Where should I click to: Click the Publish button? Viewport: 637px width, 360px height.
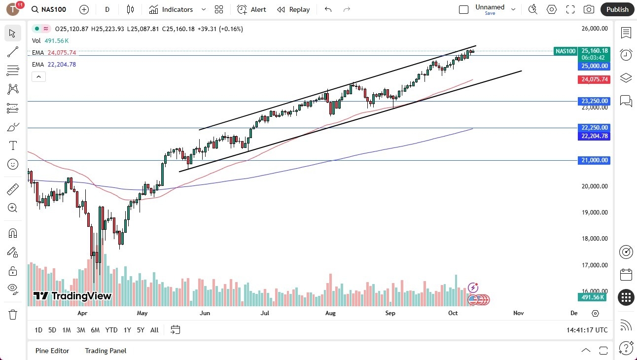click(617, 9)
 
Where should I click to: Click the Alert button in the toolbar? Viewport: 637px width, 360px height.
click(251, 9)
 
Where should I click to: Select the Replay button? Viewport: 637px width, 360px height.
click(293, 9)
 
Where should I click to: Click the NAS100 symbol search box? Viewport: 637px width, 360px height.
click(49, 9)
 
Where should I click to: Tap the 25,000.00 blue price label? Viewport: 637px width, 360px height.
click(595, 66)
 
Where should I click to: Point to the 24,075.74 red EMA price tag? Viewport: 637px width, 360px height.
click(595, 79)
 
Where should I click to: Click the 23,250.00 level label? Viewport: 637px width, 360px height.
click(595, 101)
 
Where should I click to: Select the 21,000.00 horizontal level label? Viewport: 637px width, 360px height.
click(595, 160)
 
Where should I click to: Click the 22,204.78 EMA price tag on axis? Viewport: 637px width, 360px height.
click(595, 136)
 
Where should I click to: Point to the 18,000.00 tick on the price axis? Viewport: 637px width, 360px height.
click(595, 239)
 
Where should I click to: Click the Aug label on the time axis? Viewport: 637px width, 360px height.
click(330, 313)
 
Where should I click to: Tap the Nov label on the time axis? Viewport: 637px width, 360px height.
click(518, 313)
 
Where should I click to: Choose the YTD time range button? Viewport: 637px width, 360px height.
click(111, 330)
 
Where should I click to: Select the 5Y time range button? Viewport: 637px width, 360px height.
click(141, 330)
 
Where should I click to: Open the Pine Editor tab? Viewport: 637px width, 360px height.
click(52, 351)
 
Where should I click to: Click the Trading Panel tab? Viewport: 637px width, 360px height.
click(106, 351)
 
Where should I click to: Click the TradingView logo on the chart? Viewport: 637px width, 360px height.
click(72, 296)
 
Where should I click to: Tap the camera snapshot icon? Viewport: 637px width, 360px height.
click(589, 9)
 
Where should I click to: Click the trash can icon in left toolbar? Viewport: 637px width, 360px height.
click(13, 315)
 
